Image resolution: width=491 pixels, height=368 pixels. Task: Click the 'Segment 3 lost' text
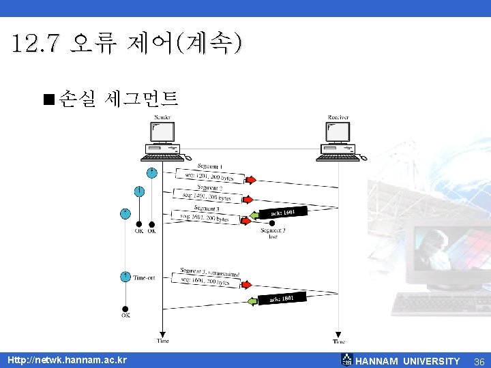pyautogui.click(x=273, y=234)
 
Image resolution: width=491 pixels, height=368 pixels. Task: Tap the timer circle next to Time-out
pyautogui.click(x=125, y=276)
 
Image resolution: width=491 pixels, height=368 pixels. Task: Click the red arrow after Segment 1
pyautogui.click(x=250, y=180)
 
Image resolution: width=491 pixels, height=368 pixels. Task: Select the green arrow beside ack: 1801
pyautogui.click(x=252, y=301)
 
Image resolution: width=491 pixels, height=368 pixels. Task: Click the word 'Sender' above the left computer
pyautogui.click(x=162, y=117)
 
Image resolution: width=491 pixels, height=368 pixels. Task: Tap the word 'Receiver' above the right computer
pyautogui.click(x=338, y=117)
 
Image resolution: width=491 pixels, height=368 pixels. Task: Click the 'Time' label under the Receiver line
pyautogui.click(x=339, y=341)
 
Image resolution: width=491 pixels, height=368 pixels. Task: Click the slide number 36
pyautogui.click(x=479, y=361)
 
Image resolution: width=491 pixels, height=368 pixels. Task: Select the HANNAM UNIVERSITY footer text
pyautogui.click(x=408, y=361)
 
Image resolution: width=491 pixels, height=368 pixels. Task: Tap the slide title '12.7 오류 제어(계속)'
pyautogui.click(x=126, y=45)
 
